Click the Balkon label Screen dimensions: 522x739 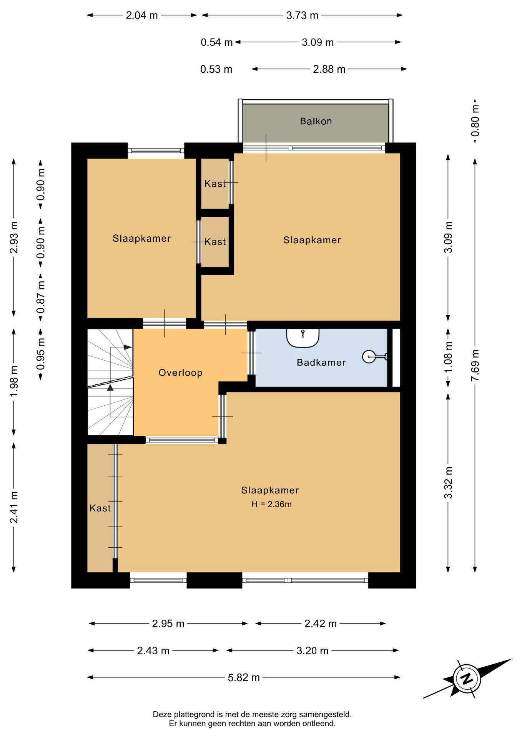(316, 121)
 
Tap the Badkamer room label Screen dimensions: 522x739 (321, 362)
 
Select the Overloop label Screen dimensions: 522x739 (180, 373)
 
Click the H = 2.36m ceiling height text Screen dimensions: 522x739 (271, 504)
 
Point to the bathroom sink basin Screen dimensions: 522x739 (303, 338)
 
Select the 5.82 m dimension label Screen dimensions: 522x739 (244, 677)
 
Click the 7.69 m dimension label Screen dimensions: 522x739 (475, 365)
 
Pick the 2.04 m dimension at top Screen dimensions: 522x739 (142, 15)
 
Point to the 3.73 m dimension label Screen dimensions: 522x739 (302, 15)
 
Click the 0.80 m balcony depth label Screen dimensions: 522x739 (475, 120)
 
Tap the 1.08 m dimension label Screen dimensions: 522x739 (448, 357)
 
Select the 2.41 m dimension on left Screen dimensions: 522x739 (14, 507)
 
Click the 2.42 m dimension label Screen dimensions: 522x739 (320, 624)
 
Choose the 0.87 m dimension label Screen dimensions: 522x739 (41, 297)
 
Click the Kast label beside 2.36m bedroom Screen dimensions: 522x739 (100, 508)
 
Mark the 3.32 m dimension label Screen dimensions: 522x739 (448, 482)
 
